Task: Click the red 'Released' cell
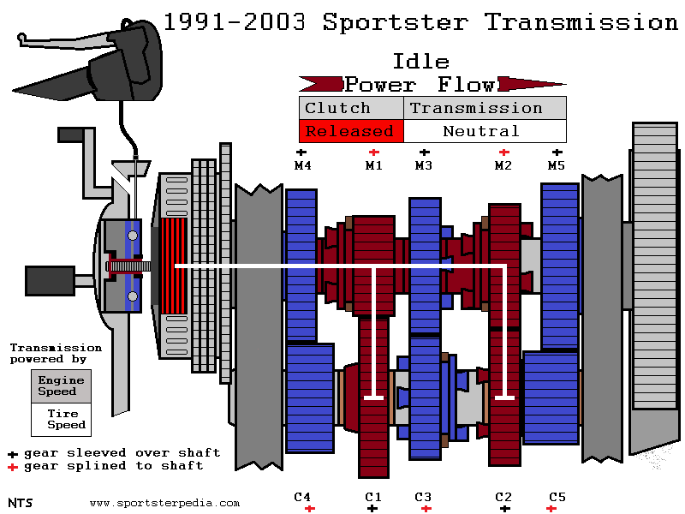click(x=350, y=131)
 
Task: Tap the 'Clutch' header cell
click(x=338, y=108)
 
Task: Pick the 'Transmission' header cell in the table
click(x=476, y=108)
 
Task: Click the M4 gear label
click(x=302, y=165)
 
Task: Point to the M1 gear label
click(x=374, y=165)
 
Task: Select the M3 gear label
click(x=424, y=165)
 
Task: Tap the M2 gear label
click(x=503, y=165)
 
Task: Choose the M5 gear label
click(x=557, y=165)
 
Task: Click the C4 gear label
click(x=302, y=497)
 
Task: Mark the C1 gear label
click(x=373, y=497)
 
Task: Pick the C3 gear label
click(x=423, y=497)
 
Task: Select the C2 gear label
click(x=503, y=497)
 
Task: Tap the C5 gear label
click(x=557, y=497)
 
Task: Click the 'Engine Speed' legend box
click(x=61, y=386)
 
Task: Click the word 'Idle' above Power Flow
click(x=420, y=62)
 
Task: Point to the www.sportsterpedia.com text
click(x=164, y=503)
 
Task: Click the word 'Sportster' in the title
click(x=395, y=21)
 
